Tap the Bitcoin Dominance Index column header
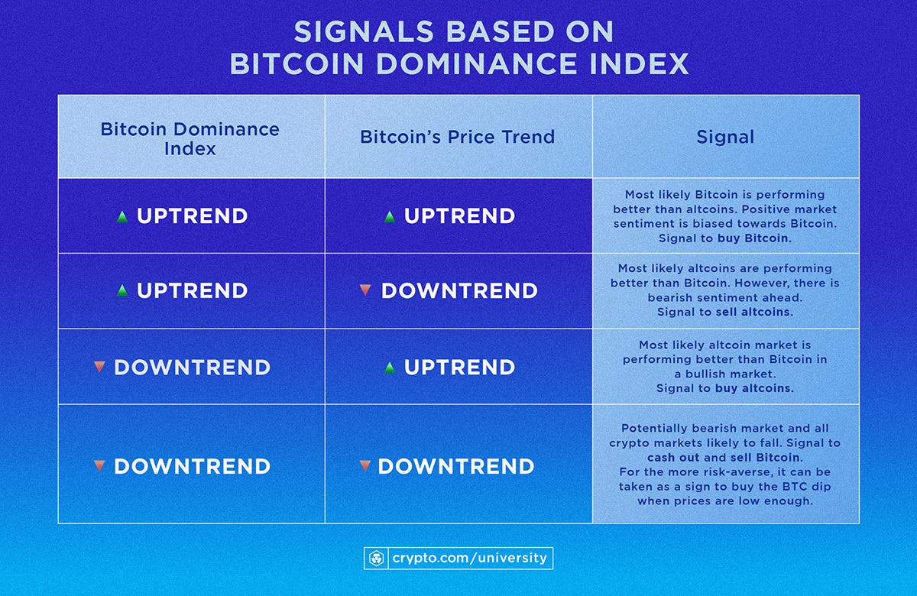[190, 138]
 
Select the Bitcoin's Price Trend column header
[458, 138]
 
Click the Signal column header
[725, 138]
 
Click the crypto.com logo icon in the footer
[375, 558]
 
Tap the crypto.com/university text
[469, 558]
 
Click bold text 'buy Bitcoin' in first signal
[755, 238]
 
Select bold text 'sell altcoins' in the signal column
[755, 313]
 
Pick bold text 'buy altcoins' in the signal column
[755, 388]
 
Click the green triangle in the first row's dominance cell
[122, 217]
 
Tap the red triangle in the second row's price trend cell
[365, 290]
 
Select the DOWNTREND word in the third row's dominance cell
[192, 368]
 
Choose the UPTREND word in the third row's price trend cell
[459, 368]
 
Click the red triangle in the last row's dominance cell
[99, 465]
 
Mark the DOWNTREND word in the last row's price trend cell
[456, 466]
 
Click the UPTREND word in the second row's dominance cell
[192, 291]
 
